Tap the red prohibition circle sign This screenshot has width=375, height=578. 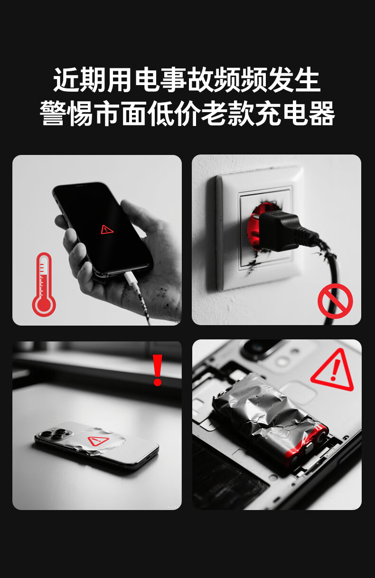click(x=335, y=301)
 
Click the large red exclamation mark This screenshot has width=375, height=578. click(x=158, y=370)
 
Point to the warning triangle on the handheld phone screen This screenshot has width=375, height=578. click(x=107, y=230)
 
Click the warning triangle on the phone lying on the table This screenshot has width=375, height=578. click(x=98, y=441)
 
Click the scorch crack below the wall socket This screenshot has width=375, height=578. click(x=252, y=264)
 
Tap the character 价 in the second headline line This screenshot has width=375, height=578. click(x=187, y=114)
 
